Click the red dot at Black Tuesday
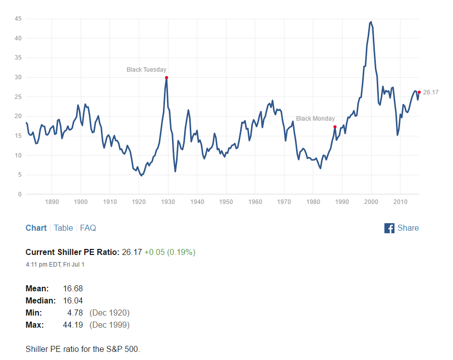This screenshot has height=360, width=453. coord(166,77)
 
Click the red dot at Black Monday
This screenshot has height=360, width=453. coord(335,127)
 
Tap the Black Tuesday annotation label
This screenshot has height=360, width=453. coord(146,70)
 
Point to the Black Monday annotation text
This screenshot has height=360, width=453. coord(315,119)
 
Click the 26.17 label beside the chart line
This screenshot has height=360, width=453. coord(431,92)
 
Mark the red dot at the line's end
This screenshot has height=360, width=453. coord(419,92)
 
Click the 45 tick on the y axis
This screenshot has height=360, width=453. coord(18,19)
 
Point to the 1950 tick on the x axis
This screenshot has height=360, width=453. coord(226,202)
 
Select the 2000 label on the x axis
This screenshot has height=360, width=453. coord(371,202)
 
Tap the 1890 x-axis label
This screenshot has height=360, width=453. coord(52,202)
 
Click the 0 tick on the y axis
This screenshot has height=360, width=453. coord(20,194)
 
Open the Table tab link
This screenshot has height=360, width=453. coord(63,228)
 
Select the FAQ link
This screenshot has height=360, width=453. coord(88,228)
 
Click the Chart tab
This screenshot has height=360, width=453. coord(36,228)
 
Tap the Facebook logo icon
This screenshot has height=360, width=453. coord(389,228)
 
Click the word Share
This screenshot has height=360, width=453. coord(408,228)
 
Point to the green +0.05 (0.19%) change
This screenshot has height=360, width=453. coord(170,252)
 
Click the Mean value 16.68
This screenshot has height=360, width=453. coord(73,289)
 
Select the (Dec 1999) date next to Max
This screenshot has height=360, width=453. coord(109,325)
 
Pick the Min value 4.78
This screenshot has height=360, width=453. coord(75,313)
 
